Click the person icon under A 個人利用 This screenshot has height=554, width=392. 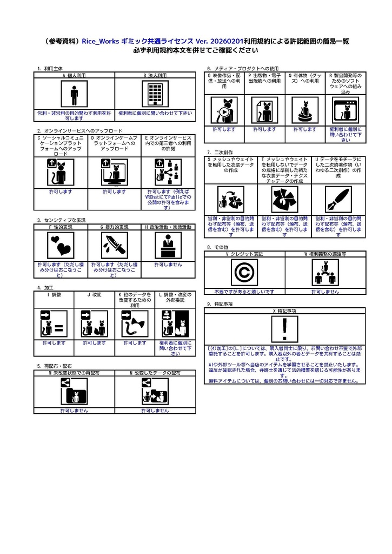(x=74, y=95)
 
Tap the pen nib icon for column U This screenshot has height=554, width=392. (x=338, y=199)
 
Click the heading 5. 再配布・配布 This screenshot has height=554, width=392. (x=55, y=366)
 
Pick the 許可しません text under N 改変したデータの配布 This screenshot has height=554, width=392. (x=155, y=411)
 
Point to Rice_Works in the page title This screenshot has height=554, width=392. (x=100, y=41)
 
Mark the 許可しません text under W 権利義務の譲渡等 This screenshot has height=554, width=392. (x=325, y=291)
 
